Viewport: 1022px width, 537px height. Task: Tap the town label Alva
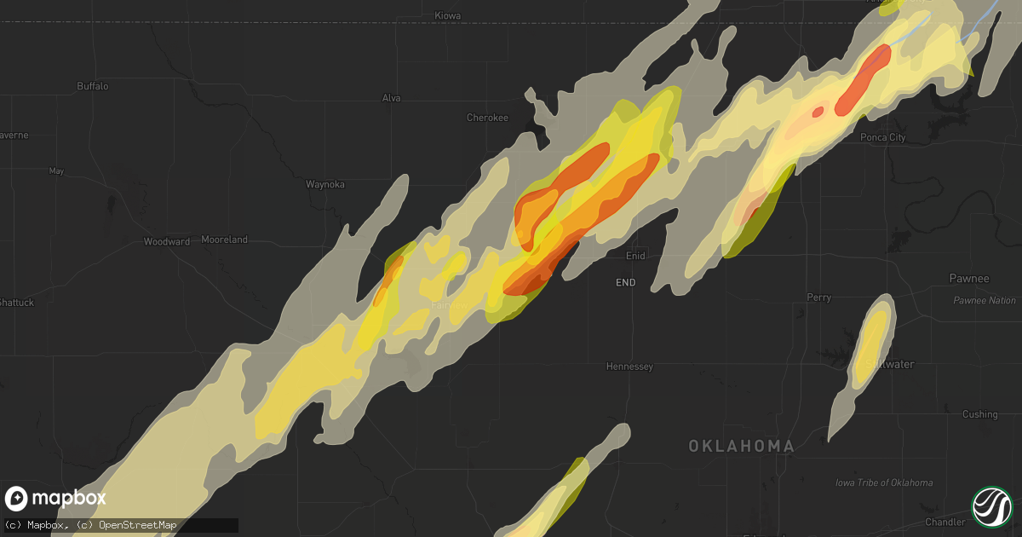[x=391, y=98]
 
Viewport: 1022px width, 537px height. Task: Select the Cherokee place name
[x=487, y=118]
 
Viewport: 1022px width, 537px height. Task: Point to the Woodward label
[x=166, y=242]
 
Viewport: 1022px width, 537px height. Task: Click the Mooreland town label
[x=224, y=240]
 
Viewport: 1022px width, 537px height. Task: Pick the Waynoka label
[x=326, y=183]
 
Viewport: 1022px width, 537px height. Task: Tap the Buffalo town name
[x=92, y=86]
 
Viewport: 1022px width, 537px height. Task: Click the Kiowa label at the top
[x=447, y=16]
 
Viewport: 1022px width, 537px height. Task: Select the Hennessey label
[x=629, y=367]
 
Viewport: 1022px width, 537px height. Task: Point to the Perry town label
[x=818, y=297]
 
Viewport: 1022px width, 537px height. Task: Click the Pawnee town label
[x=969, y=279]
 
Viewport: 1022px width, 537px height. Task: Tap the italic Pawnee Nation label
[x=984, y=301]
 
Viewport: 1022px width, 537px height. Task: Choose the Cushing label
[x=979, y=414]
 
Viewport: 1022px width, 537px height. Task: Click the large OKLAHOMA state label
[x=741, y=446]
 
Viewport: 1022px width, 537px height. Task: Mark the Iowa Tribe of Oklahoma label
[x=883, y=482]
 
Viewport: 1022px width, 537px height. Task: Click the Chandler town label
[x=945, y=522]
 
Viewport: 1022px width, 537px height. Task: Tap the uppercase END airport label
[x=625, y=282]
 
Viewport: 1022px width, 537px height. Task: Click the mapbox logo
[x=55, y=499]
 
